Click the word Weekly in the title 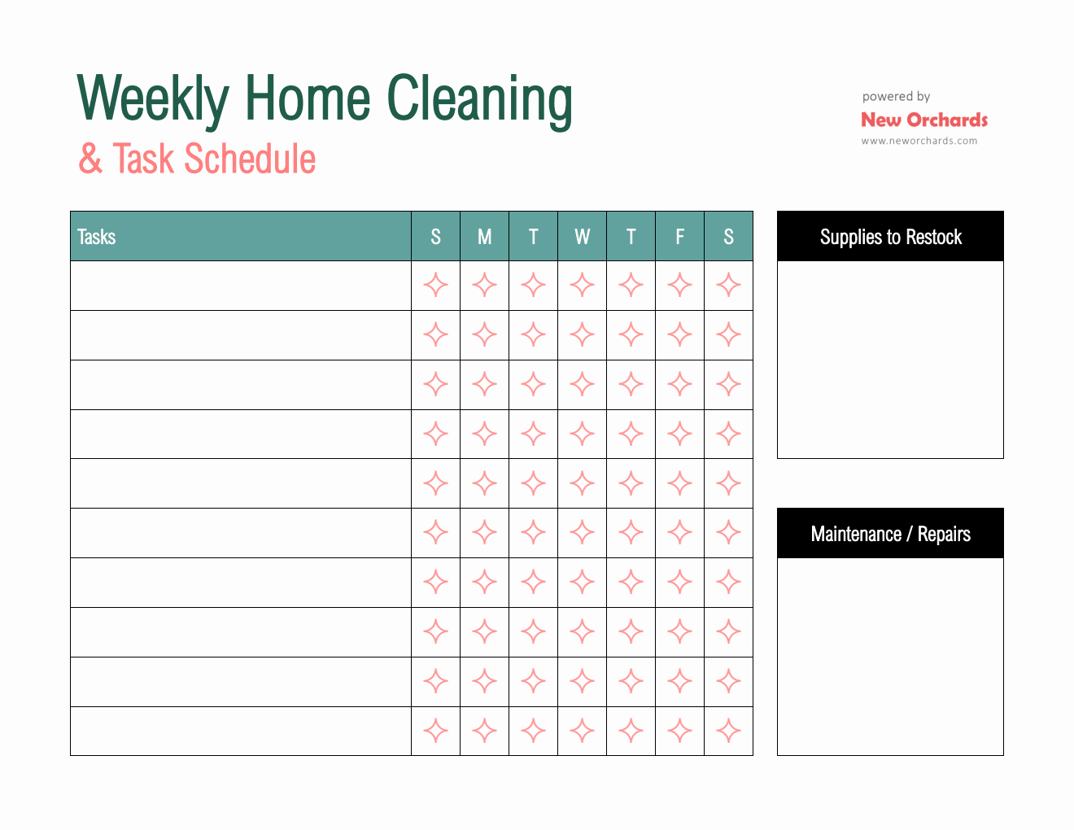click(x=153, y=98)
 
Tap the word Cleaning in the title click(x=479, y=98)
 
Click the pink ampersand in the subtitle click(x=90, y=159)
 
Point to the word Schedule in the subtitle click(x=250, y=159)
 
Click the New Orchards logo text click(x=924, y=120)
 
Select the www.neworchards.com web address click(x=919, y=141)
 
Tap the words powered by click(x=896, y=96)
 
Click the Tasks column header click(x=97, y=237)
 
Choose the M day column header click(x=484, y=237)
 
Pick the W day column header click(x=582, y=237)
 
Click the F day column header click(x=679, y=237)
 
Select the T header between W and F click(x=631, y=237)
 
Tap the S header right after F click(x=728, y=237)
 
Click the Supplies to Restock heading click(x=890, y=237)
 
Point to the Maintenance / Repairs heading click(x=890, y=534)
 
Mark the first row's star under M click(x=484, y=286)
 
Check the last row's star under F click(x=679, y=731)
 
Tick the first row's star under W click(x=582, y=286)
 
